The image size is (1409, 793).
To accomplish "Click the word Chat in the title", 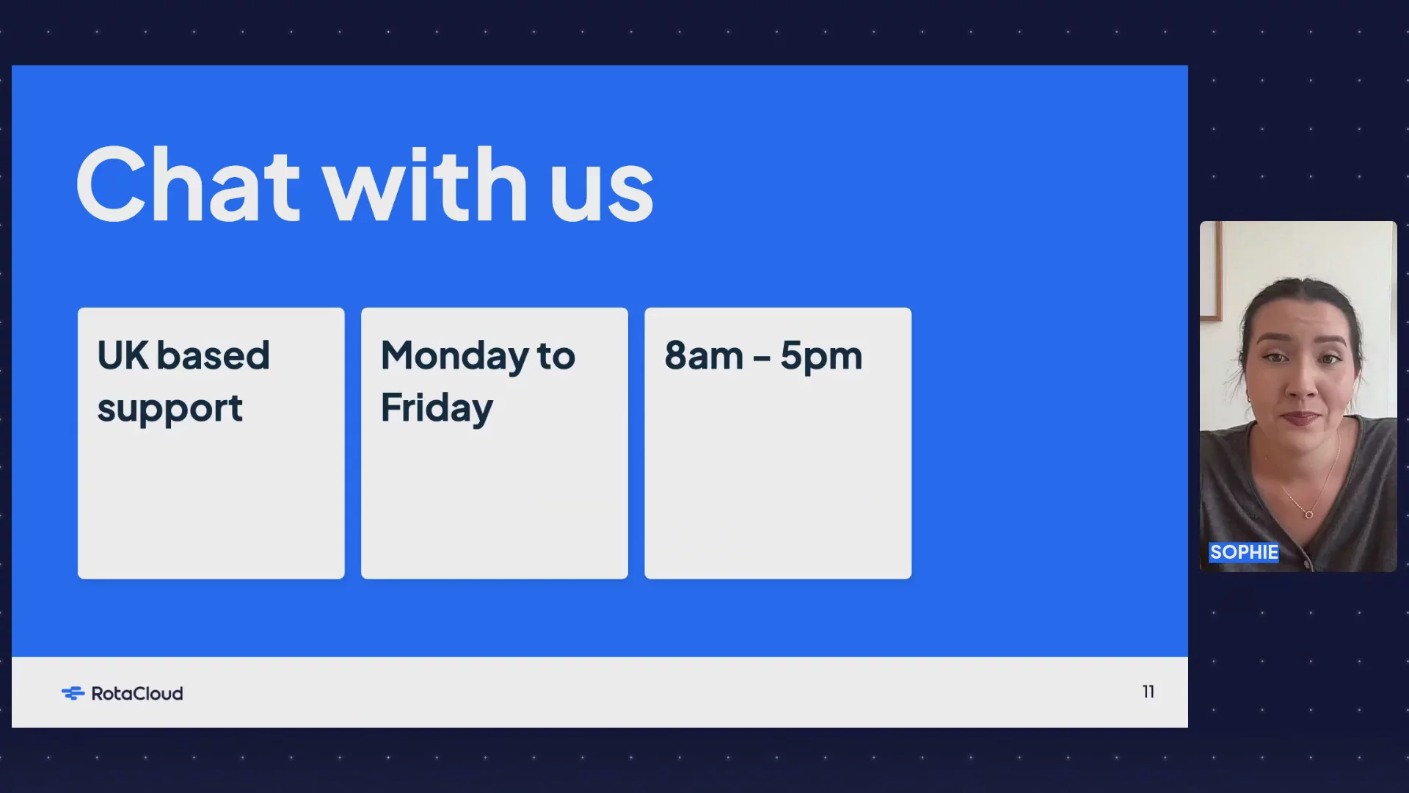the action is [x=188, y=184].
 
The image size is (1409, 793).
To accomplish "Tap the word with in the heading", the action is [x=426, y=184].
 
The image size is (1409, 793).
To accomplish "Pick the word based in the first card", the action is [x=213, y=355].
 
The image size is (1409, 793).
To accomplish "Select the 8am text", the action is [x=704, y=356].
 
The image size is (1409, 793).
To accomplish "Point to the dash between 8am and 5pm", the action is [x=762, y=358].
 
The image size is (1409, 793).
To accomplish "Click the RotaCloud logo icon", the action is [x=73, y=693].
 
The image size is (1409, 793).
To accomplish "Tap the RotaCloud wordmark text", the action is [x=137, y=693].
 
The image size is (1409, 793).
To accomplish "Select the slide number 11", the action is [x=1148, y=692].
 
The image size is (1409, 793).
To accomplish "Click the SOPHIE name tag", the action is [x=1244, y=552].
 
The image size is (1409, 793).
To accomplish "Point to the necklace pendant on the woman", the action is [x=1308, y=515].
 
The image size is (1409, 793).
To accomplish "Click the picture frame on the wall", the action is [x=1211, y=272].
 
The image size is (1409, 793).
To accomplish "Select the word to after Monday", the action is [x=556, y=357].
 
